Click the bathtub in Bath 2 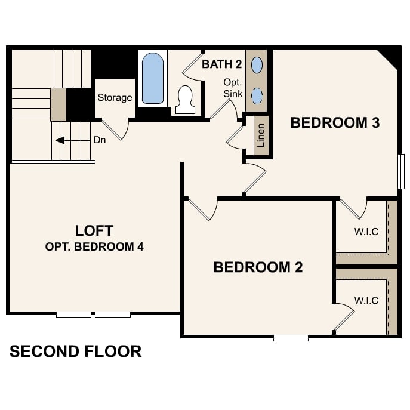[x=153, y=78]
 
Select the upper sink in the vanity [x=257, y=64]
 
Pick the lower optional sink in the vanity [x=257, y=95]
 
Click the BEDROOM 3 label [x=335, y=123]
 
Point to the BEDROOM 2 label [x=258, y=267]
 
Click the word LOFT [x=94, y=230]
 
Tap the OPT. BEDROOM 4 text [x=94, y=246]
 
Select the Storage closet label [x=115, y=98]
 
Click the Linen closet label [x=260, y=135]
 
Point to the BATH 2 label [x=221, y=64]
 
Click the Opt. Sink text [x=232, y=88]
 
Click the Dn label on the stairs [x=100, y=141]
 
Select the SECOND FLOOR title [x=76, y=352]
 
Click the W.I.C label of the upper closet [x=366, y=231]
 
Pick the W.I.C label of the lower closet [x=366, y=300]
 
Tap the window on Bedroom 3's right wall [x=401, y=172]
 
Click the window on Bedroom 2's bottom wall [x=291, y=338]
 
